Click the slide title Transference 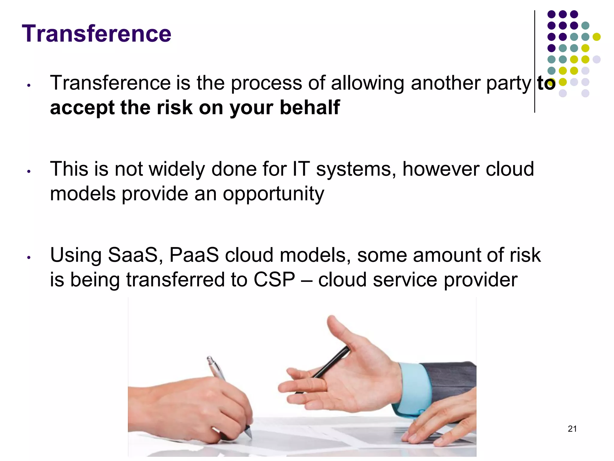[x=97, y=34]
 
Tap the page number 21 [x=572, y=429]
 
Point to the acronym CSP [x=274, y=280]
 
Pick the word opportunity [x=273, y=194]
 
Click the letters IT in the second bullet [x=301, y=169]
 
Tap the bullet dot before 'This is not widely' [x=29, y=172]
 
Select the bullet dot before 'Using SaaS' [x=29, y=258]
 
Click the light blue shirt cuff [x=415, y=387]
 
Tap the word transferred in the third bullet [x=175, y=280]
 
